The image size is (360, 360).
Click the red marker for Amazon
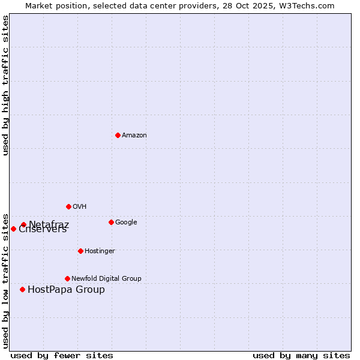click(118, 135)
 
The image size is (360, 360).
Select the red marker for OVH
click(68, 206)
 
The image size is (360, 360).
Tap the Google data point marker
click(111, 222)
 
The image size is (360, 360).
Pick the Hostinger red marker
click(80, 251)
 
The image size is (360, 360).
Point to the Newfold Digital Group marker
click(67, 278)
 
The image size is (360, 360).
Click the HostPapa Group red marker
click(22, 289)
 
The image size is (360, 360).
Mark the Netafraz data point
click(23, 225)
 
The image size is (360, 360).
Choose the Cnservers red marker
click(13, 229)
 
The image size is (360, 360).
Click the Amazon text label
click(134, 135)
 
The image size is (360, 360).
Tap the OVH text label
click(79, 206)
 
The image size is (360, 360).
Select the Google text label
click(126, 222)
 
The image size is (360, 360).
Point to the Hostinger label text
click(100, 251)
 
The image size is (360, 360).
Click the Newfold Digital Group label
click(106, 278)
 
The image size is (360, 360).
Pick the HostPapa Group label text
click(66, 290)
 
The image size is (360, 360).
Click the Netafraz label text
click(49, 224)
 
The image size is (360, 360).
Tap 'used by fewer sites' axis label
click(62, 355)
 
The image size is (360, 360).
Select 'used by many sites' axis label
click(301, 355)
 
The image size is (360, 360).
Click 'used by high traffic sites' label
click(5, 85)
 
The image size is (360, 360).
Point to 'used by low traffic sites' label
click(5, 280)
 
